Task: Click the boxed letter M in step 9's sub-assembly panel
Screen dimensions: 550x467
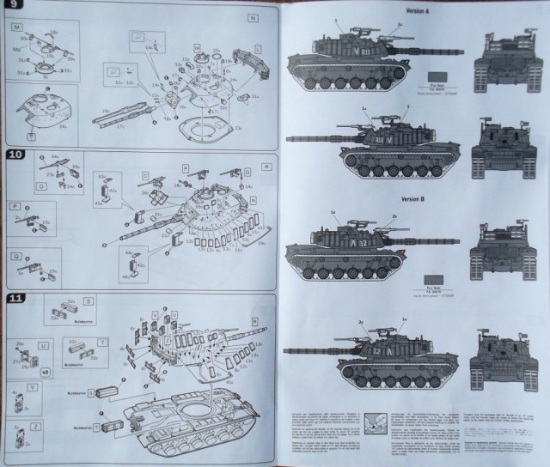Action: (x=16, y=26)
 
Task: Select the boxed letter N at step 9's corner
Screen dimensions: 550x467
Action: (x=264, y=18)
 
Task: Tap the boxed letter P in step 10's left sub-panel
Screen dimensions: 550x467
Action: (x=15, y=206)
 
